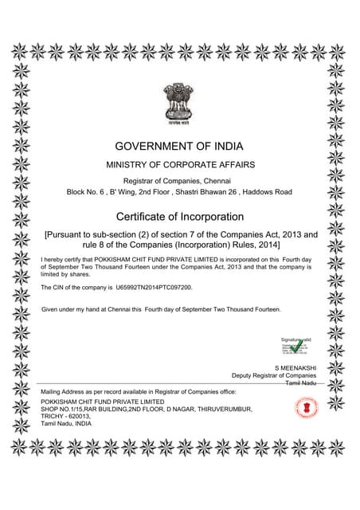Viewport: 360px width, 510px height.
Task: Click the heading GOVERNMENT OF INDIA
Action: (x=179, y=146)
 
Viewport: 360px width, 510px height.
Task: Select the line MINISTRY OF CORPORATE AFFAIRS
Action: (x=179, y=164)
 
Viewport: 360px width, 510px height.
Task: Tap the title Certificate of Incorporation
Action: (x=179, y=217)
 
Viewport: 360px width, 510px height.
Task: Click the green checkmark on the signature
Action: (x=296, y=345)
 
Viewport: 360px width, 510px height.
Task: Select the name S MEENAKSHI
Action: (x=295, y=367)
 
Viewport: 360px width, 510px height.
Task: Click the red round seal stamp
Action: (x=306, y=408)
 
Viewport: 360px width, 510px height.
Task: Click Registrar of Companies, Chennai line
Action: (x=179, y=181)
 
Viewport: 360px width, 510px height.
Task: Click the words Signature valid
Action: (x=290, y=339)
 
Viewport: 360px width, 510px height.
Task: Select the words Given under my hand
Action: (x=72, y=308)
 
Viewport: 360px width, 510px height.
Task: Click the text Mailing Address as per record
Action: (x=88, y=393)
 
